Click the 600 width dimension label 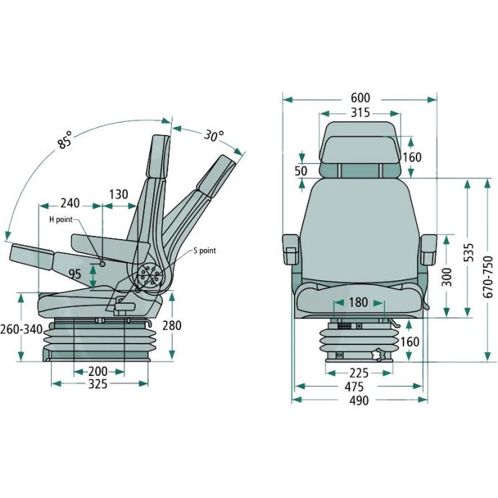pos(360,98)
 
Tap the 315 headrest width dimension pos(360,113)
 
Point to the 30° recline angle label pos(214,136)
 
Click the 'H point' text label pos(61,219)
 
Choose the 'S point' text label pos(204,250)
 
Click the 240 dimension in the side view pos(70,204)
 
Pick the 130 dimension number pos(118,194)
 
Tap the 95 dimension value pos(75,274)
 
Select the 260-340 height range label pos(21,329)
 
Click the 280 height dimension pos(172,326)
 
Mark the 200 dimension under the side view pos(98,371)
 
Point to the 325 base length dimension pos(98,384)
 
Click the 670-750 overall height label pos(487,277)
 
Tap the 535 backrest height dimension pos(468,253)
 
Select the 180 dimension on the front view pos(358,302)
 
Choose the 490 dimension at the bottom pos(359,401)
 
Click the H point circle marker pos(102,263)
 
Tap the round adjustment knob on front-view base pos(379,355)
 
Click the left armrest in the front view pos(291,250)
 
